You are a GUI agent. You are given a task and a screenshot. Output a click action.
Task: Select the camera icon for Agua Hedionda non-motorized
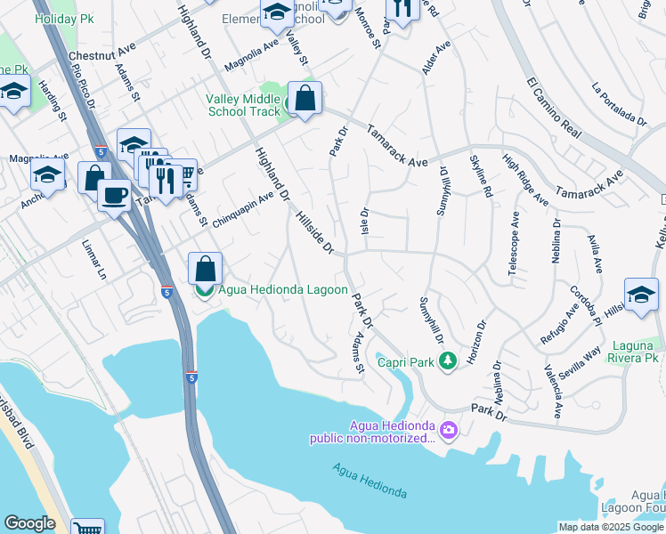448,431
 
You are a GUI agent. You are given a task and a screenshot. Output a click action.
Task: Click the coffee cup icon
113,195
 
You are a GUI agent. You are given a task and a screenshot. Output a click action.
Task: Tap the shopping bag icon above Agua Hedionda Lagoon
205,268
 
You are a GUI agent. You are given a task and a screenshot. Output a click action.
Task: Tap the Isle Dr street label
363,222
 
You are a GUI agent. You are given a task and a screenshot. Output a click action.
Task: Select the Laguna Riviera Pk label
637,351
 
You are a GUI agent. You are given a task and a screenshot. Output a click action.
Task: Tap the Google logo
29,523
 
